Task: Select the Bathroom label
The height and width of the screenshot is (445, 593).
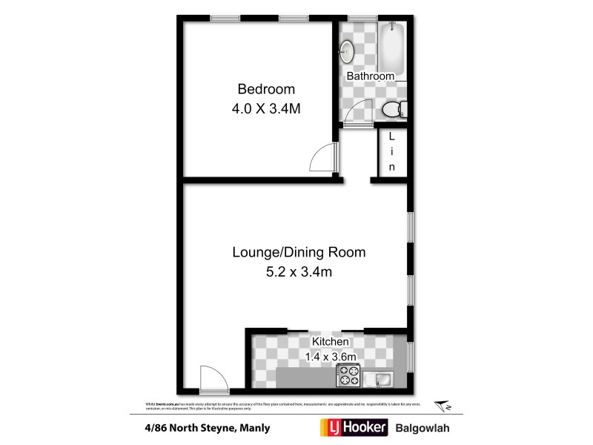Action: tap(371, 76)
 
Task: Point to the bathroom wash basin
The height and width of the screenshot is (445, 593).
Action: tap(346, 50)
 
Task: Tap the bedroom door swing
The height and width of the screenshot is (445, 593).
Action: tap(325, 157)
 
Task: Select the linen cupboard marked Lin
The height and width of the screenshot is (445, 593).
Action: tap(392, 152)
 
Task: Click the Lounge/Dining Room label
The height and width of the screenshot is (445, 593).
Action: tap(299, 252)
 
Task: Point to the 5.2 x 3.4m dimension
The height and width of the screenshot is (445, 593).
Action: tap(299, 271)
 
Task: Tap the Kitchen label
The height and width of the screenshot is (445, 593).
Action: tap(330, 341)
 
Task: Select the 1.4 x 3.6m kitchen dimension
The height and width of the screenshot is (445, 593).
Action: tap(331, 357)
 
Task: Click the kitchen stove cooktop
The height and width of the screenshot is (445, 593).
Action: tap(347, 377)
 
